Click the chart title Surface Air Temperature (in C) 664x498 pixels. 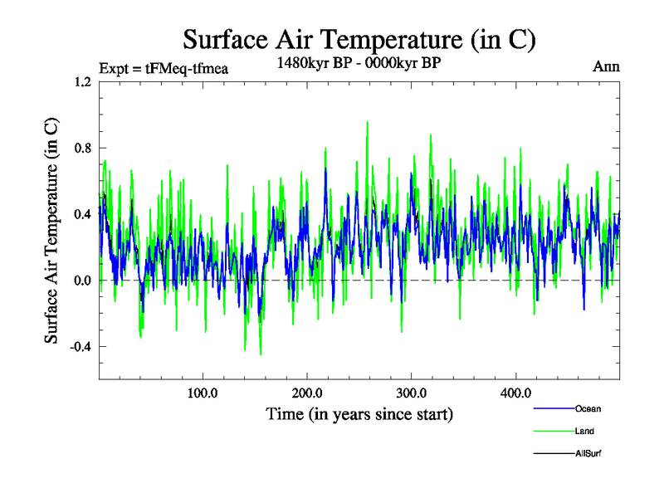359,40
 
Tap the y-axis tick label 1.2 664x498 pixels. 82,82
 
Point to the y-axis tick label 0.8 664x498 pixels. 82,149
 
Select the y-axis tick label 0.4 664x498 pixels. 82,214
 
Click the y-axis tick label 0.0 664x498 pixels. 82,281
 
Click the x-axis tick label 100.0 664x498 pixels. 203,393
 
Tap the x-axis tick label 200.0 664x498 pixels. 307,393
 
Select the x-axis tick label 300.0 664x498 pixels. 412,393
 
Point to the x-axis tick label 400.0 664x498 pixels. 516,393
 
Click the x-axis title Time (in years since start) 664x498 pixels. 359,413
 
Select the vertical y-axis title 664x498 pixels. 51,231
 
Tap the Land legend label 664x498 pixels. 584,431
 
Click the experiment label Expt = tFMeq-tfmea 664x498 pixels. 163,68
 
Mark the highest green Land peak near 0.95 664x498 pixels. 367,122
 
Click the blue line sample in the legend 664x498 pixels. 552,408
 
